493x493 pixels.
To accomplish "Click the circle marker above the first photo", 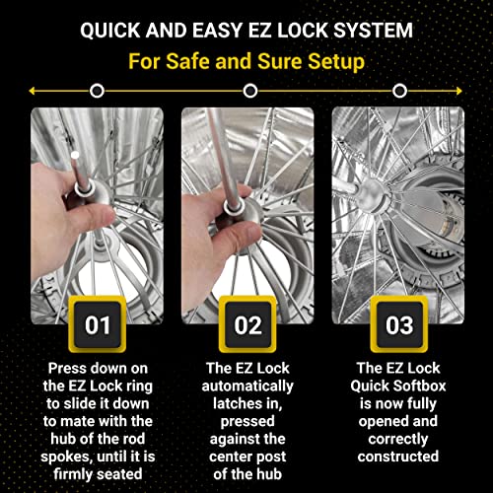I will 97,91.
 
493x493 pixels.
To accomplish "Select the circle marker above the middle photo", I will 250,91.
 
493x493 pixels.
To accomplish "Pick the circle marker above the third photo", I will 398,91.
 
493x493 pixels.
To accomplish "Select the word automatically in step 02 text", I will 248,385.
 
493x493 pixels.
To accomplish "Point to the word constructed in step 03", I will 398,456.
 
